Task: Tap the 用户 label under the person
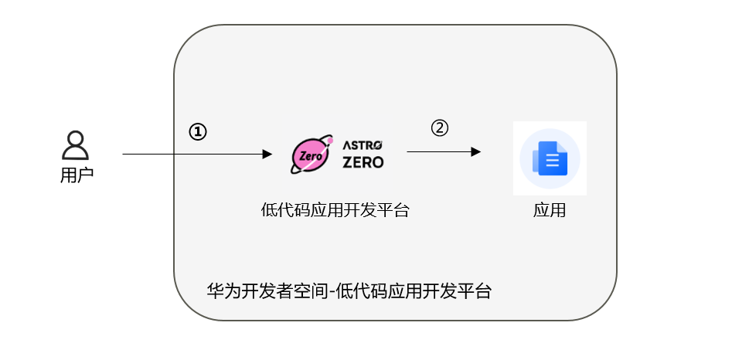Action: point(76,175)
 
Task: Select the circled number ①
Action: point(198,132)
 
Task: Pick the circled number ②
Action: point(439,128)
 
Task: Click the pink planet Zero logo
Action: point(311,155)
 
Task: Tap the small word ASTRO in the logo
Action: point(363,144)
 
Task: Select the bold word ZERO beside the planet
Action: point(363,162)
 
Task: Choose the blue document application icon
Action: point(550,159)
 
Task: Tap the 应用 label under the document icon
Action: point(550,210)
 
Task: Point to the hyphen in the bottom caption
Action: point(330,292)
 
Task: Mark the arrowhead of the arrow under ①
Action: point(267,154)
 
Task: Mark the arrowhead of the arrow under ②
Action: point(476,152)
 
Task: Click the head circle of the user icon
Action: point(75,140)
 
